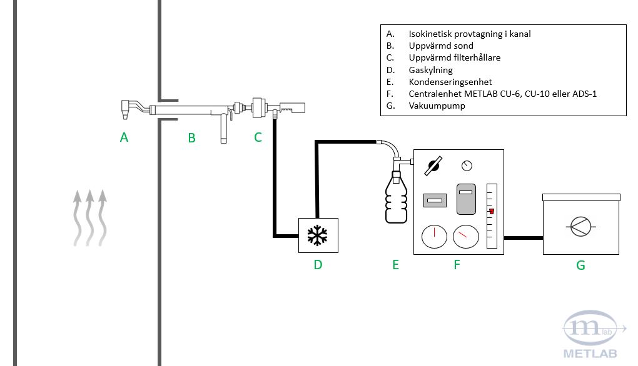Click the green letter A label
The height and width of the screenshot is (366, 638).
124,137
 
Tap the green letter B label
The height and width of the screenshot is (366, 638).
191,138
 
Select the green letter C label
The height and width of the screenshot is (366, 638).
258,137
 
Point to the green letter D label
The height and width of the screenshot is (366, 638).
318,265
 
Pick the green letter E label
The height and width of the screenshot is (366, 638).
395,265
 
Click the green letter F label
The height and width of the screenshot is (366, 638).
457,265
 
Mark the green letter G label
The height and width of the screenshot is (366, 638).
580,265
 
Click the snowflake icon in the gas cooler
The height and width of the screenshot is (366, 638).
318,235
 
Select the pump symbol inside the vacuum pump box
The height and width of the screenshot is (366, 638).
580,226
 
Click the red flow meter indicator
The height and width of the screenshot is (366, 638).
492,211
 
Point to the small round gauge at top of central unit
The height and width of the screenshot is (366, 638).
467,166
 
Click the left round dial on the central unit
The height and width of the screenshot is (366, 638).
434,237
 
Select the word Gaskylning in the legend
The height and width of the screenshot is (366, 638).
430,70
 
